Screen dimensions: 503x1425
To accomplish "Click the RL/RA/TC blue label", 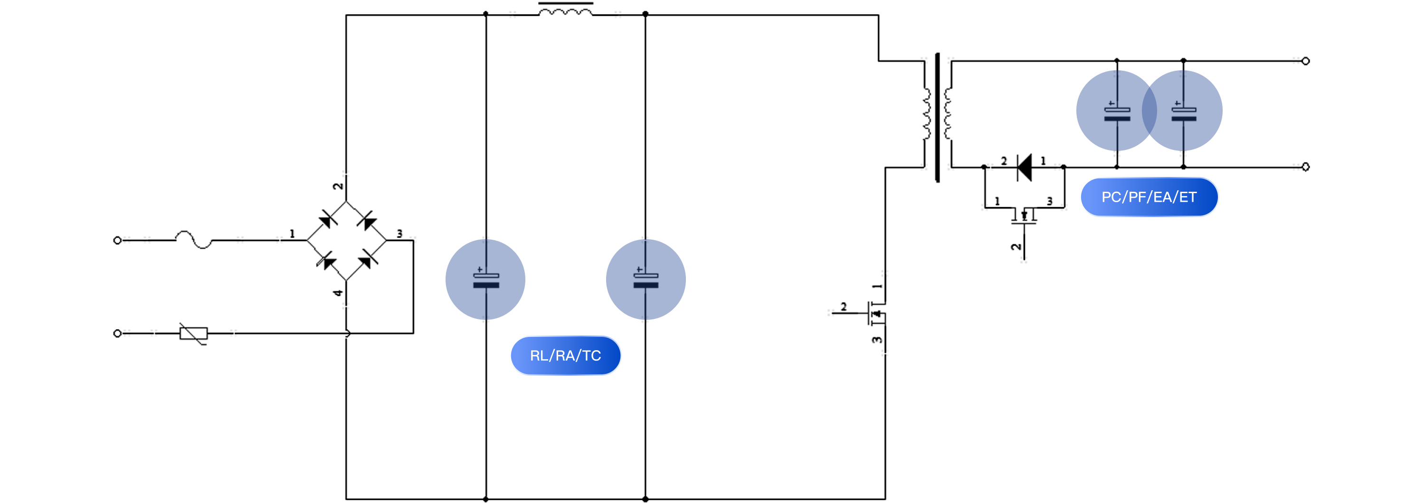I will [x=565, y=355].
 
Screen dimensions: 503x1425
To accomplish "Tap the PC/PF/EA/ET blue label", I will [x=1149, y=197].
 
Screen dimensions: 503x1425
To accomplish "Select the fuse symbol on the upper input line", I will [x=194, y=240].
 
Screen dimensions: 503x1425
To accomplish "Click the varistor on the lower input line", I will [x=194, y=333].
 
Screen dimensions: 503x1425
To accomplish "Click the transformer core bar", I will [x=937, y=117].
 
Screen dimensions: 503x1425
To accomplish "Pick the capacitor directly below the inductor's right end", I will [x=646, y=279].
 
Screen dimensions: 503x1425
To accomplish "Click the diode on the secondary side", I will [x=1024, y=167].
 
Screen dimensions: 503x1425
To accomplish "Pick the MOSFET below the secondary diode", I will [x=1024, y=216].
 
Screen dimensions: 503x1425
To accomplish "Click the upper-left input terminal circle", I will [x=117, y=241].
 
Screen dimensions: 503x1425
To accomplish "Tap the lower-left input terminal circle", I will [x=117, y=333].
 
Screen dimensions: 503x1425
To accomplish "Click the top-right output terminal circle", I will [x=1305, y=61].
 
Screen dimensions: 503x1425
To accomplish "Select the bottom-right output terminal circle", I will [x=1305, y=167].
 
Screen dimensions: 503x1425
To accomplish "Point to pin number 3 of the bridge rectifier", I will [x=399, y=234].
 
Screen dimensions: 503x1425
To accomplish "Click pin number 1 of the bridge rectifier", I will [x=292, y=234].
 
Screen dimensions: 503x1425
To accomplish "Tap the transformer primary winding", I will [x=927, y=113].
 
